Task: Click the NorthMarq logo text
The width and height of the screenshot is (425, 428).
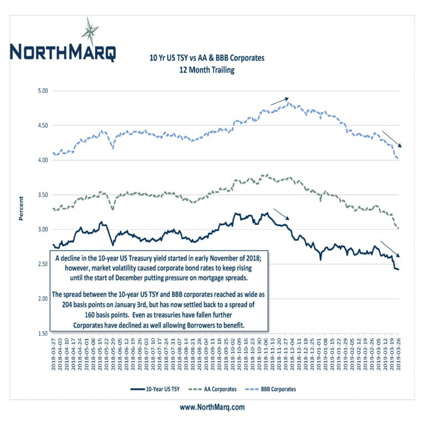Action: (x=63, y=52)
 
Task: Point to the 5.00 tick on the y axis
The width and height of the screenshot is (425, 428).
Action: (x=43, y=91)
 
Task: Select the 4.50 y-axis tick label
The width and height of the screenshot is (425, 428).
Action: (x=43, y=125)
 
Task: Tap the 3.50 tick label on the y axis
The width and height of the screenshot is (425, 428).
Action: (x=43, y=194)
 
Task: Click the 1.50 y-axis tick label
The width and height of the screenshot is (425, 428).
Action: (x=43, y=333)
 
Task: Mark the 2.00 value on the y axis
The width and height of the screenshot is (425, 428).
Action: (x=43, y=298)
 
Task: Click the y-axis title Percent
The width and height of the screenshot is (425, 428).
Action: (x=21, y=208)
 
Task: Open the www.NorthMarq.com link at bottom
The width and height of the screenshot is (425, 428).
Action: (x=212, y=407)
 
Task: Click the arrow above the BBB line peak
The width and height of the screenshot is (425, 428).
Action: (x=279, y=101)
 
